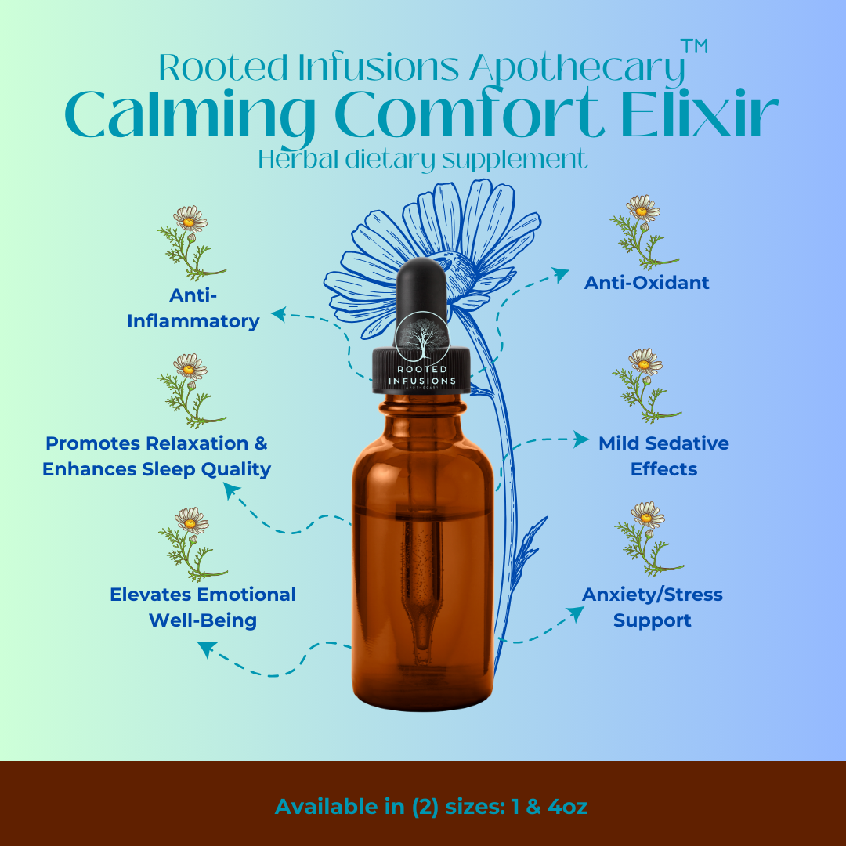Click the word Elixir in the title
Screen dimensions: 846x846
point(700,114)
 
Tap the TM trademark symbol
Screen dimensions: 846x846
point(694,46)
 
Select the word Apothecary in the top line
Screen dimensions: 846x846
point(577,69)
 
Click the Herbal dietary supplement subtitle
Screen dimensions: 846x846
point(422,159)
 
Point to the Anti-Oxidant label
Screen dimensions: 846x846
point(646,283)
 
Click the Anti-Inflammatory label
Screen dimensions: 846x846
point(193,308)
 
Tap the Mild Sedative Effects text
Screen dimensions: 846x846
point(663,456)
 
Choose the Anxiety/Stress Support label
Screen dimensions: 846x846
point(653,607)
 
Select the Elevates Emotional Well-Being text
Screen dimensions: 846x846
point(203,607)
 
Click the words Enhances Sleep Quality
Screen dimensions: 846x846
point(157,469)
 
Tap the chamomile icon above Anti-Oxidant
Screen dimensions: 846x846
point(644,232)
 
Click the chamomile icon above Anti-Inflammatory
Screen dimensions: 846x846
point(191,242)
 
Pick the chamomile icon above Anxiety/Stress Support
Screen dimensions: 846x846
point(649,539)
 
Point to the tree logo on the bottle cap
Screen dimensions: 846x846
point(422,338)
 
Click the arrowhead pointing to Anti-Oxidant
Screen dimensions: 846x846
point(561,275)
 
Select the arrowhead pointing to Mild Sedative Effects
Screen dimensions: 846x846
point(581,439)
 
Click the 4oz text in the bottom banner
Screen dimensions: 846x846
point(567,807)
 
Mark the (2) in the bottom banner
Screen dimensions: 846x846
point(425,807)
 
